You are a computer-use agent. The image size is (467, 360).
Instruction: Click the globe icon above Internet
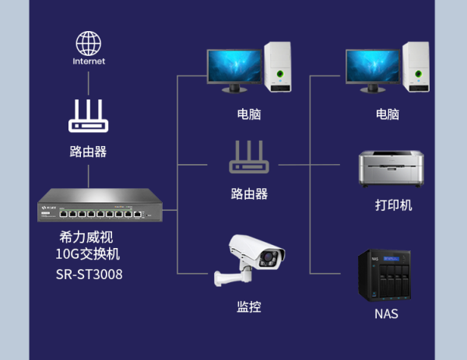pos(89,44)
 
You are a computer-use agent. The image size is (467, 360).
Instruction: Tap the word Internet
pos(89,61)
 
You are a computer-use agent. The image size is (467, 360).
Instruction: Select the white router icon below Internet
pos(89,116)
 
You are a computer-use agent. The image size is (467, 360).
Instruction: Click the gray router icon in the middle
pos(249,157)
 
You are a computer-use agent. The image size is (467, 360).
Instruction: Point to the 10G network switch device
pos(100,205)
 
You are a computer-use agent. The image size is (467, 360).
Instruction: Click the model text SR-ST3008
pos(89,274)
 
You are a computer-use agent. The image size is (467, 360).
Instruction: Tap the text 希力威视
pos(86,237)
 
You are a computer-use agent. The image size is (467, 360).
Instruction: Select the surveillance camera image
pos(249,260)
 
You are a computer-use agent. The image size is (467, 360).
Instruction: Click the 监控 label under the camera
pos(249,307)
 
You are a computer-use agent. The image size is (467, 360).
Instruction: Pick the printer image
pos(392,169)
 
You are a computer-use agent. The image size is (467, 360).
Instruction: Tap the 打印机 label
pos(393,205)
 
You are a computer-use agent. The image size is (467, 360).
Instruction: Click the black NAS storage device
pos(384,275)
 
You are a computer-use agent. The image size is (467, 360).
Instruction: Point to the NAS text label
pos(386,314)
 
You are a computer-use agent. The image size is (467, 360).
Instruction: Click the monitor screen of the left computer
pos(234,66)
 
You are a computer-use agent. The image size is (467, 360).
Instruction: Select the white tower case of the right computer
pos(416,67)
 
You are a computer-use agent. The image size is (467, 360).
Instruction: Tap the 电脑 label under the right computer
pos(388,114)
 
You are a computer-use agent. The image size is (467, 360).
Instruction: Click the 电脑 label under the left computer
pos(249,114)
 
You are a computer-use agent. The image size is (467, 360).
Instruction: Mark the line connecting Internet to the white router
pos(89,83)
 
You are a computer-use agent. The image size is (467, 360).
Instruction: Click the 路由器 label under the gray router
pos(249,194)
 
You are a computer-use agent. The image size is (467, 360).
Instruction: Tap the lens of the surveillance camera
pos(269,257)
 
